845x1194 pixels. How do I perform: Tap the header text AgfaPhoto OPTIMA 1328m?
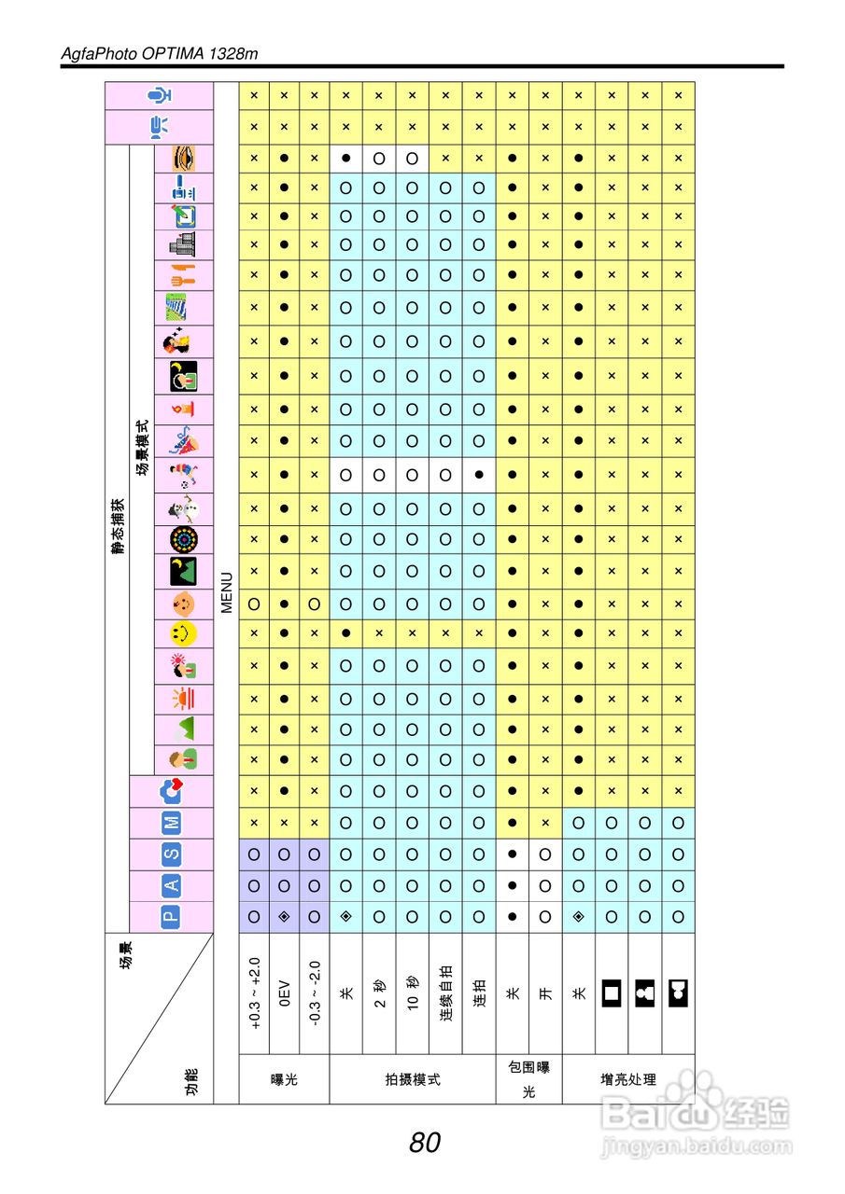click(159, 53)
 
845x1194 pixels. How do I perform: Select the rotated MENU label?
click(226, 592)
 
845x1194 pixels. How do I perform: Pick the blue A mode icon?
click(172, 884)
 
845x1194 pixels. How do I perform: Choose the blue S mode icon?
click(172, 853)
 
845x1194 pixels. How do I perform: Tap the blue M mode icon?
click(172, 822)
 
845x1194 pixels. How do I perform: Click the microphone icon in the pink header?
click(161, 95)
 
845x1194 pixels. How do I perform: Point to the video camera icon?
click(161, 126)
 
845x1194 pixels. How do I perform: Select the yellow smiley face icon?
click(183, 634)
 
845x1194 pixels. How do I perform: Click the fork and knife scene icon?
click(183, 274)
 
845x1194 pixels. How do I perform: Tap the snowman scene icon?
click(183, 509)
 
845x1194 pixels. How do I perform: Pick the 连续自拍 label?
click(445, 993)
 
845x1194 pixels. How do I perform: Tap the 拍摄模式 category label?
click(412, 1079)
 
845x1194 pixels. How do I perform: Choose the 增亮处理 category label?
click(627, 1079)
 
